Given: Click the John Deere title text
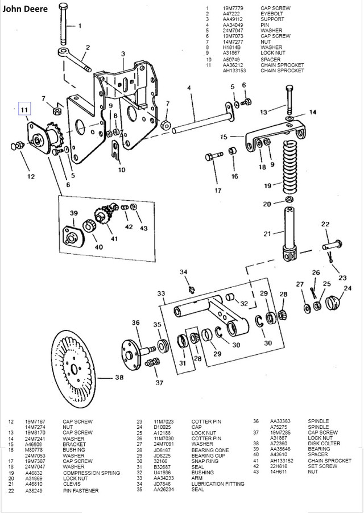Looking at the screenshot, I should [x=23, y=9].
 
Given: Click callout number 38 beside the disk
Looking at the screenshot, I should [x=118, y=377].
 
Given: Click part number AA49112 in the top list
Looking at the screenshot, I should [x=233, y=19].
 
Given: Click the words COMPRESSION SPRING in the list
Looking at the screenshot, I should [x=91, y=473].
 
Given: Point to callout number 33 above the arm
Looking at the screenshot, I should [x=161, y=293].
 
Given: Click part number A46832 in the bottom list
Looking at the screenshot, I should [x=34, y=473].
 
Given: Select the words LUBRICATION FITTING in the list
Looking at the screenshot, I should [x=218, y=483].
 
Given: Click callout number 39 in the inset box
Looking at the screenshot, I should [x=73, y=213].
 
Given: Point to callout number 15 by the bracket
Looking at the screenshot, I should [x=223, y=136].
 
